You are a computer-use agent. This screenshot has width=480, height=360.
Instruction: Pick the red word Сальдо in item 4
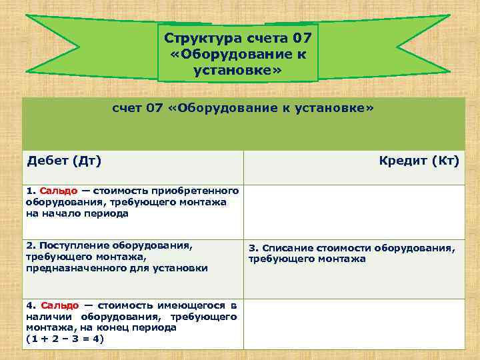(59, 305)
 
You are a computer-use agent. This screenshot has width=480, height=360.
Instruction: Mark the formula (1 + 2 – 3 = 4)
(65, 339)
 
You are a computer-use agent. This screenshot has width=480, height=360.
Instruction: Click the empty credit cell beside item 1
(354, 211)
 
